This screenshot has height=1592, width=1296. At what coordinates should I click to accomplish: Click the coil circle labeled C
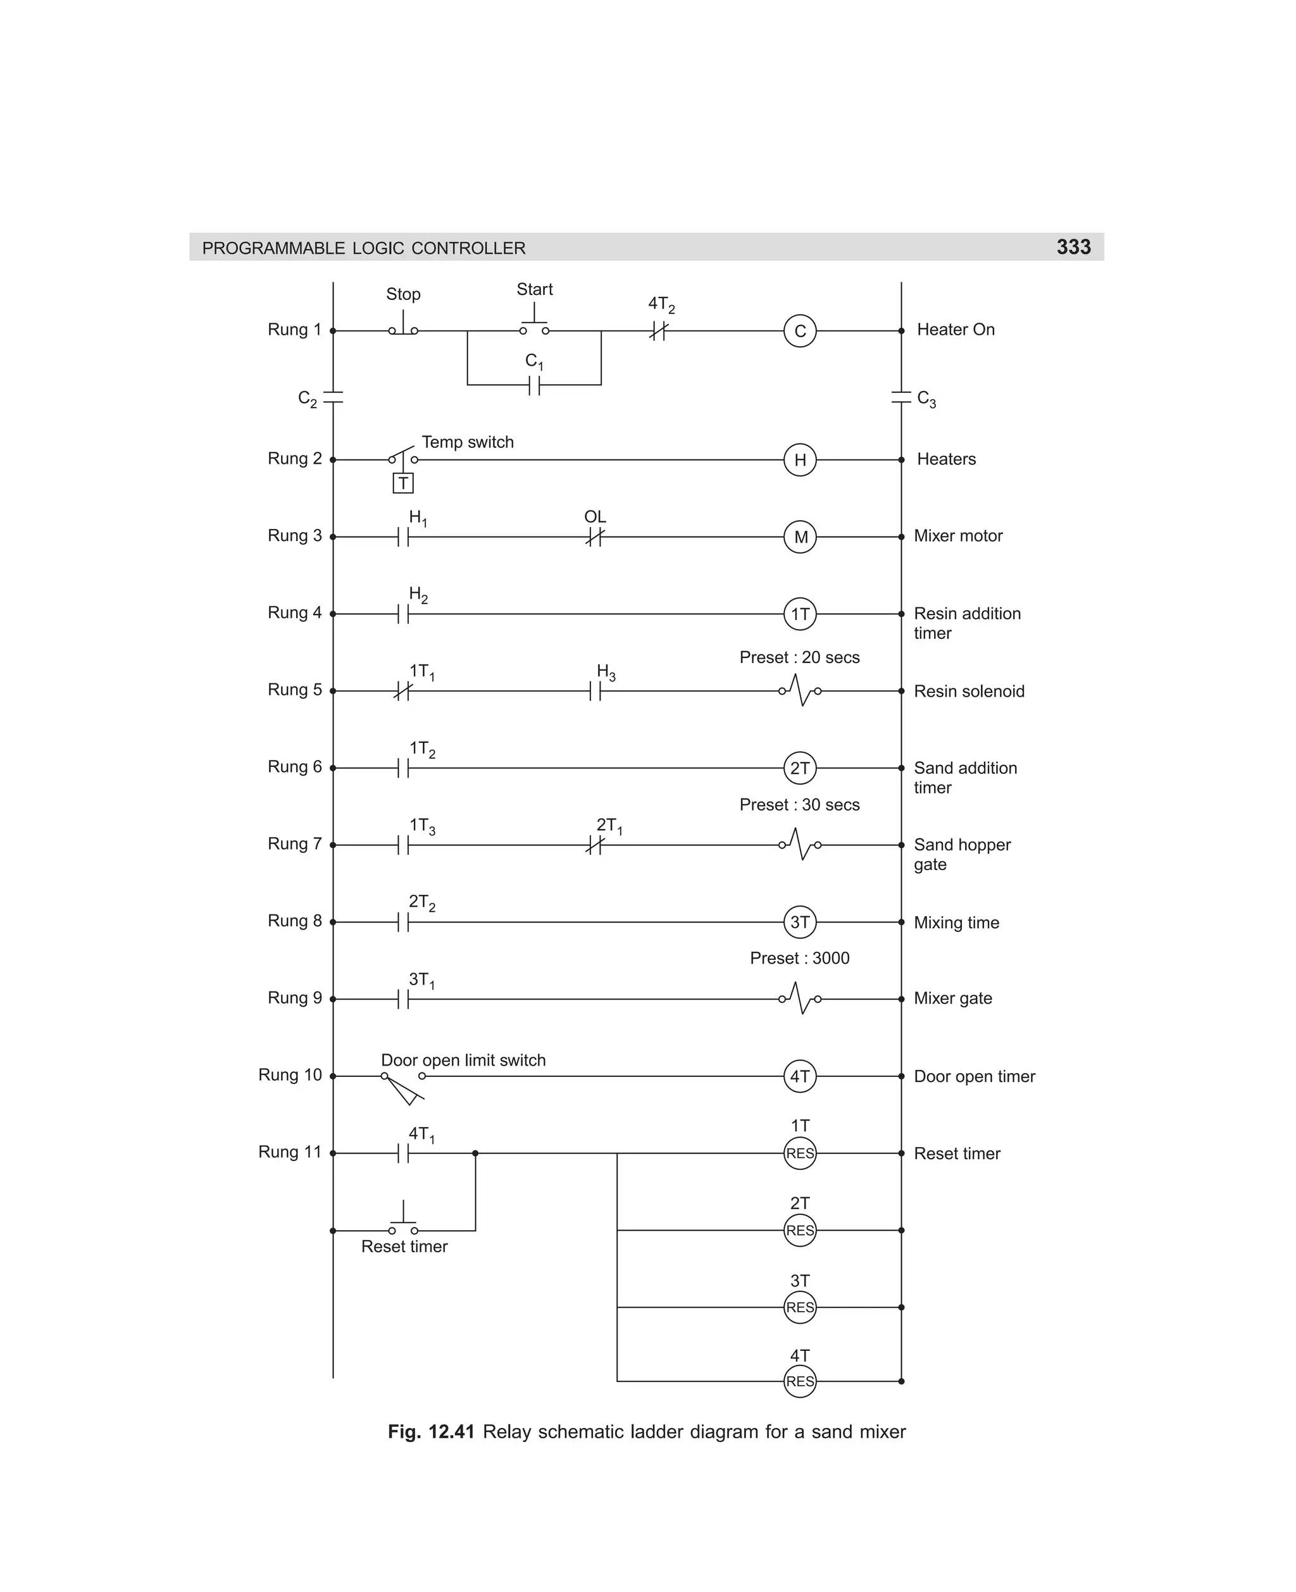799,331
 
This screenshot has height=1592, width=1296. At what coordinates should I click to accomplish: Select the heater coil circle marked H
799,460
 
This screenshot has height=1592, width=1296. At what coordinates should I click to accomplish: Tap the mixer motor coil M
799,537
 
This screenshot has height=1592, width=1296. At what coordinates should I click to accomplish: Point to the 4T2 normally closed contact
657,331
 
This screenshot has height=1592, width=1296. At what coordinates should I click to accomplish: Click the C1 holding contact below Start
535,385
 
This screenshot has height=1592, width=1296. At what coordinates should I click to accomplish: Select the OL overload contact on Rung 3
595,537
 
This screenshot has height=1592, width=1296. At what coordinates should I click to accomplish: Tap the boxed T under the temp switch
403,483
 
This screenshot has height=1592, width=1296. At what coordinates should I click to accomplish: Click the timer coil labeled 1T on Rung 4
799,614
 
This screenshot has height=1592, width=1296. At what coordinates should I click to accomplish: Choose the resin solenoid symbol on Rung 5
799,691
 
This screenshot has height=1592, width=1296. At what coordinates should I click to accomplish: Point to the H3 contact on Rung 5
595,691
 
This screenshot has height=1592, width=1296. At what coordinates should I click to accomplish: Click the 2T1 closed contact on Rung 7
595,845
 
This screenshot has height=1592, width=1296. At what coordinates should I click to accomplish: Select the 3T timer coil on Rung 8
799,923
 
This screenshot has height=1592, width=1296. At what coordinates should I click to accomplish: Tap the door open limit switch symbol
403,1086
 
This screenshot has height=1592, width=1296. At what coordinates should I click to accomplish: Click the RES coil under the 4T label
799,1381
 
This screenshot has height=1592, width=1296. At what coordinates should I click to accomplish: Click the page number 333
1073,247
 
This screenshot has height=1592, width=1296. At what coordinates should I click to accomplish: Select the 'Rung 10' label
290,1075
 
